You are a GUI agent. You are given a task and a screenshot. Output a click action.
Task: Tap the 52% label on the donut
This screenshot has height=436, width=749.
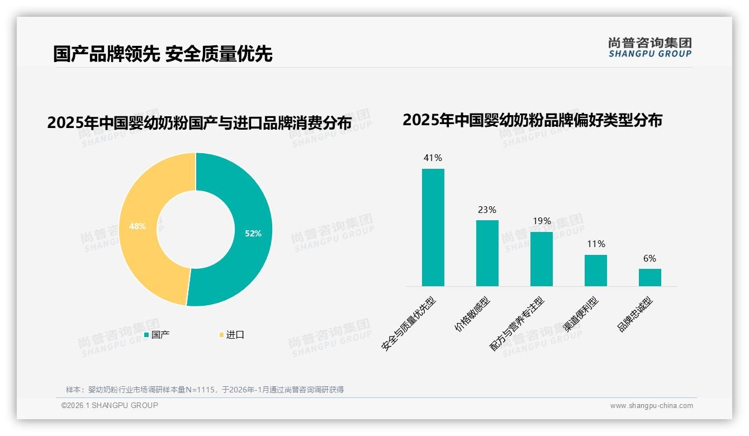click(253, 234)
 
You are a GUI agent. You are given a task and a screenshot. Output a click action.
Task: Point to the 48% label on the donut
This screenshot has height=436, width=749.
click(138, 226)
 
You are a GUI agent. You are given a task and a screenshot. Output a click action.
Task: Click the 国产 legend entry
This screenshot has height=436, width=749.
click(157, 335)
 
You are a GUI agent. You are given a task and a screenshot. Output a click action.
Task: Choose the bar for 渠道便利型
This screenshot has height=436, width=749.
click(596, 271)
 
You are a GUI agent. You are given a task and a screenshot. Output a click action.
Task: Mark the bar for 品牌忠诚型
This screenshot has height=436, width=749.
click(650, 277)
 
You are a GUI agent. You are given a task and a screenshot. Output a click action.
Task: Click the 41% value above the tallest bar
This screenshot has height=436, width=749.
click(433, 158)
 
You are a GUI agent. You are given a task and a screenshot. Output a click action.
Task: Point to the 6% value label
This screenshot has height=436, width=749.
click(650, 259)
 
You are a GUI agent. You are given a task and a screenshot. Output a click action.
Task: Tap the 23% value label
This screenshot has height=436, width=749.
click(487, 210)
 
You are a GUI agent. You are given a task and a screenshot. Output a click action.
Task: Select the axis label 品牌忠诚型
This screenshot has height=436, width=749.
click(636, 314)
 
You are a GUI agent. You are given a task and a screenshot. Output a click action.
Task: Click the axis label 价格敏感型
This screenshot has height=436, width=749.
click(473, 314)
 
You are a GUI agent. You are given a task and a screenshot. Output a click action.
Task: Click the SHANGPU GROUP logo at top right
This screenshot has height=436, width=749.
click(650, 48)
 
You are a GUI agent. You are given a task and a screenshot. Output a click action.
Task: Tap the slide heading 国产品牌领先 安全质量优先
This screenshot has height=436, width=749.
click(163, 54)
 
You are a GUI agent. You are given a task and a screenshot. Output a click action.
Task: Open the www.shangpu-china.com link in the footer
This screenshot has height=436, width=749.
click(651, 406)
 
